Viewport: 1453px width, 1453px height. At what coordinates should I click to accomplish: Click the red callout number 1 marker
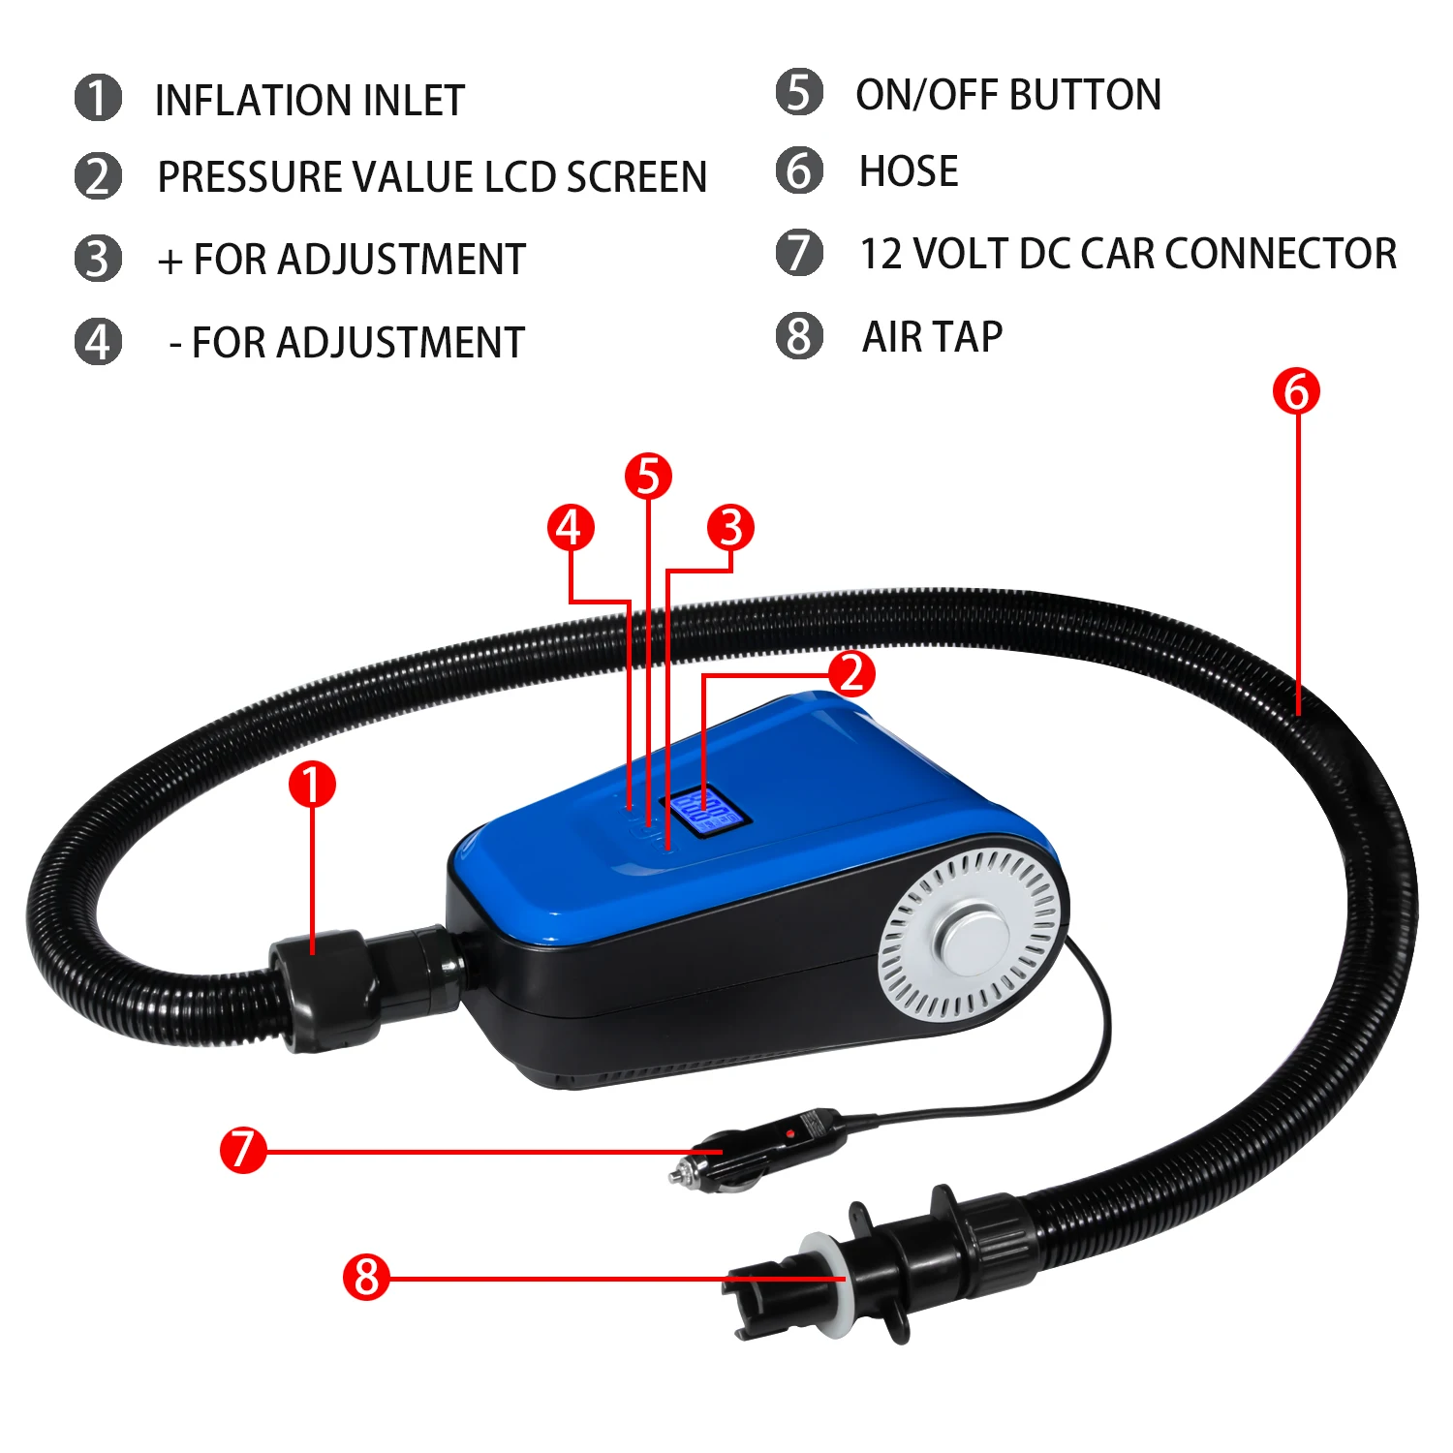coord(312,785)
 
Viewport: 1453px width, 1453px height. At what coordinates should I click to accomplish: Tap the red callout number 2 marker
coord(851,672)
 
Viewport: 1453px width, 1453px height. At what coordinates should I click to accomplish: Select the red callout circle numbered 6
coord(1296,391)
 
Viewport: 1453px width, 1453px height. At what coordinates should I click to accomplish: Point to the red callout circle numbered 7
coord(242,1149)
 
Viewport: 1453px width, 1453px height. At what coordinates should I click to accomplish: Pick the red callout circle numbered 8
coord(366,1277)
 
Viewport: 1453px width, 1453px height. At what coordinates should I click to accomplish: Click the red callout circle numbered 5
coord(648,476)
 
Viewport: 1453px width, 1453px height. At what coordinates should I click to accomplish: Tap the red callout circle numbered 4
coord(571,527)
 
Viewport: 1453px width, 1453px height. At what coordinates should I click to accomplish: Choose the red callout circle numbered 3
coord(730,527)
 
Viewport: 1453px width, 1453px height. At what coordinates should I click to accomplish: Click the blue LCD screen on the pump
coord(704,810)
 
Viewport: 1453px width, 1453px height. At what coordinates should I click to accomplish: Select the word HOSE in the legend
coord(909,171)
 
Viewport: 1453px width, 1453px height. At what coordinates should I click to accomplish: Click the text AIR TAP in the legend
coord(932,337)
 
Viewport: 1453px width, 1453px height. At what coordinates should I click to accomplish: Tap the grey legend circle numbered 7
coord(799,253)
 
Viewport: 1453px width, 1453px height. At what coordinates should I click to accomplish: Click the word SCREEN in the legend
coord(636,177)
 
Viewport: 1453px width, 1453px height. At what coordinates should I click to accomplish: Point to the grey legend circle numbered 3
coord(98,259)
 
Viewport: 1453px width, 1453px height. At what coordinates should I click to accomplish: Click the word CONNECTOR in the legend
coord(1281,254)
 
